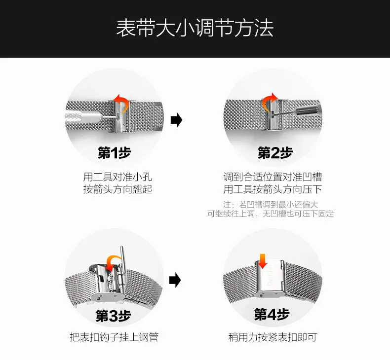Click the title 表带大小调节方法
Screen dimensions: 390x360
click(195, 28)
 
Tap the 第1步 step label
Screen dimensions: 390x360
click(115, 152)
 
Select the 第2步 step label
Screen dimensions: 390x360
click(275, 152)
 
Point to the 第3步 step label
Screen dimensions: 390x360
click(114, 316)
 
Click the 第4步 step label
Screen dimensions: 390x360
click(272, 314)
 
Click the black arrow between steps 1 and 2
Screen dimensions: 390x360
click(176, 120)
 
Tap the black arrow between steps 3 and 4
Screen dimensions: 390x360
click(175, 281)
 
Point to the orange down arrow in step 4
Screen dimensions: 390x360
click(263, 260)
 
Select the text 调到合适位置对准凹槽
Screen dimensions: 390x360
click(273, 177)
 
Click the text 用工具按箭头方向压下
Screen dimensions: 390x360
click(273, 189)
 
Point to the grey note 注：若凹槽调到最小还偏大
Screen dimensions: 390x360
click(271, 204)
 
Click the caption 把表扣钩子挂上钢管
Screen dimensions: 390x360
click(114, 337)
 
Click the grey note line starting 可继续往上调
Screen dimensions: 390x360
click(271, 214)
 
